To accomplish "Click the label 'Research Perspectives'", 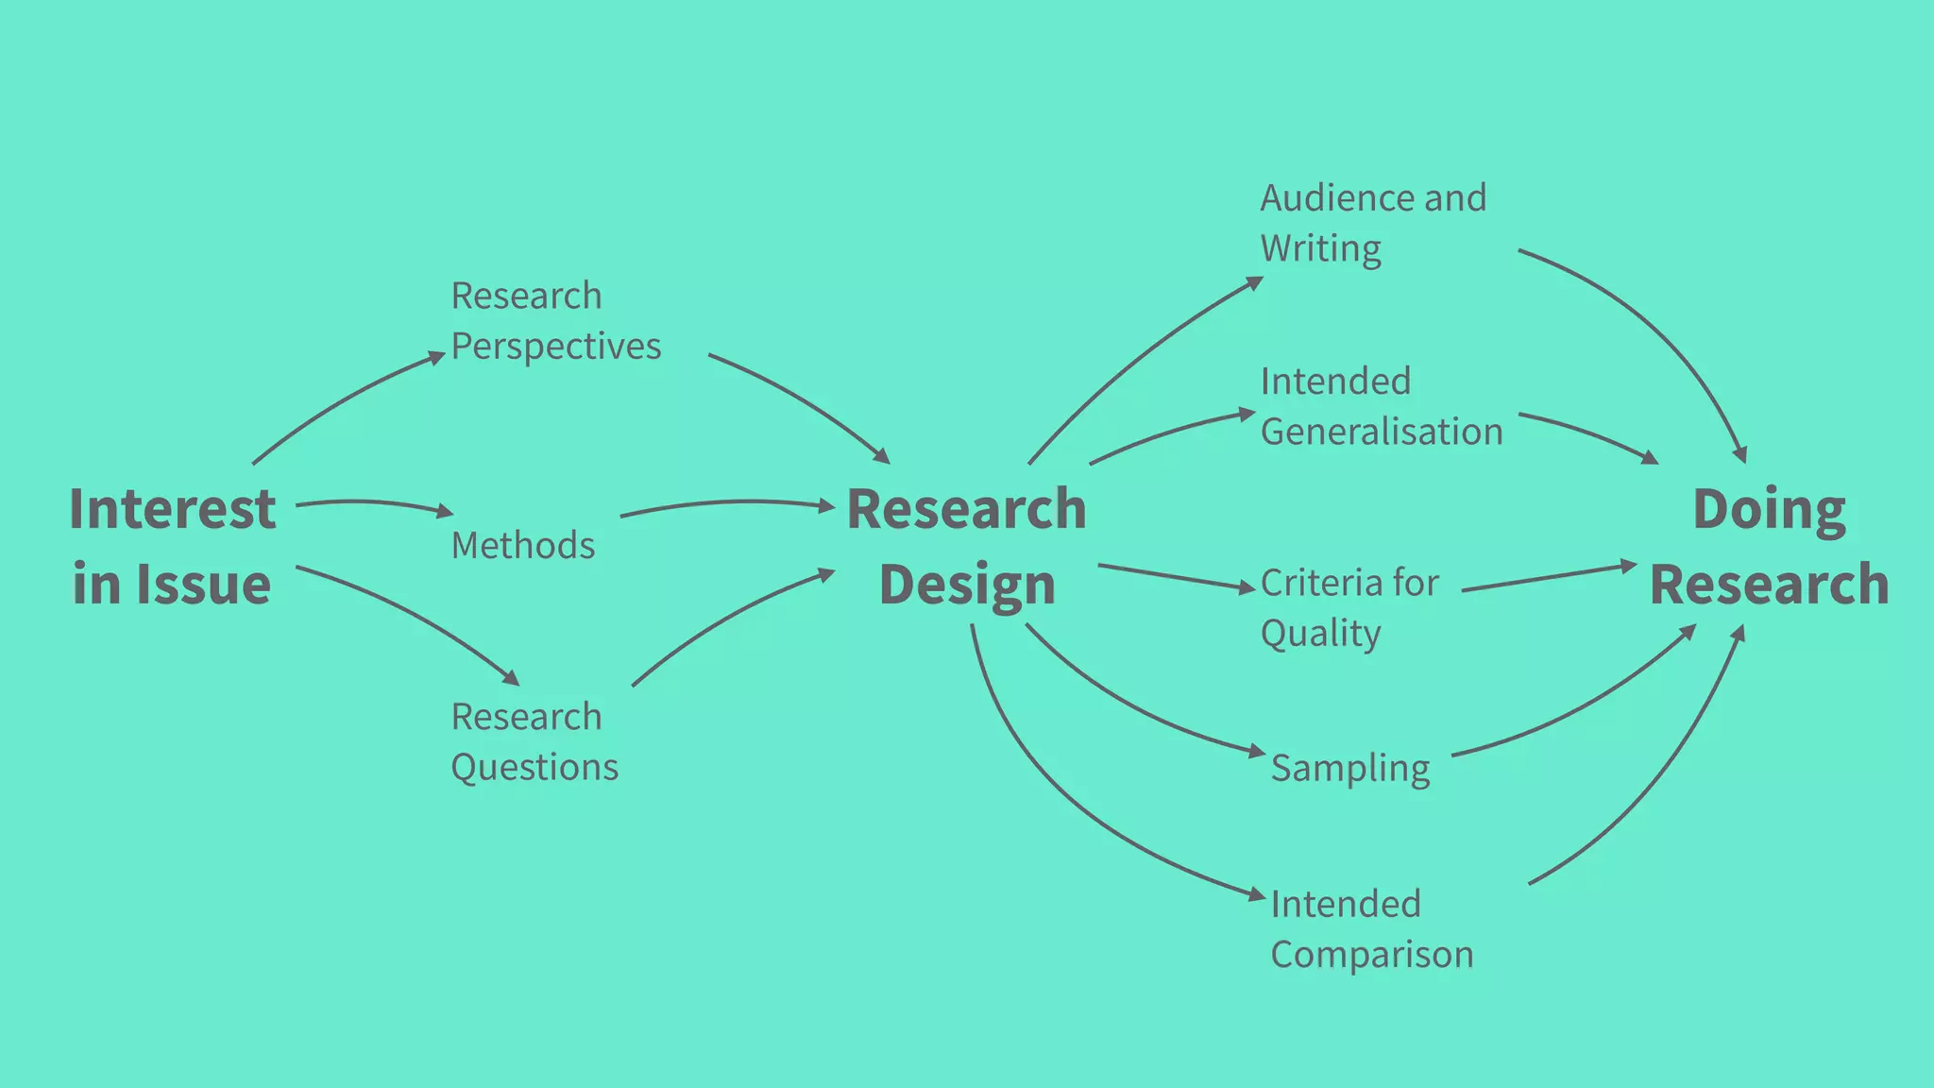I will (555, 321).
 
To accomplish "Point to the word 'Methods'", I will (523, 545).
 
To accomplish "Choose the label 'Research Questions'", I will (534, 741).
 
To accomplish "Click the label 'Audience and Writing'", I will (1373, 223).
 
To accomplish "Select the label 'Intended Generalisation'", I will (1381, 406).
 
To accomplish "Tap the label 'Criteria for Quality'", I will (1349, 607).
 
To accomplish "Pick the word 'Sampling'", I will (1349, 768).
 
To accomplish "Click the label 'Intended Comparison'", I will (1371, 928).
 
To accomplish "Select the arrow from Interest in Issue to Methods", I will (373, 503).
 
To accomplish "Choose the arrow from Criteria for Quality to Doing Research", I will (1549, 578).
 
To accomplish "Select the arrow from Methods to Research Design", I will (727, 502).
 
